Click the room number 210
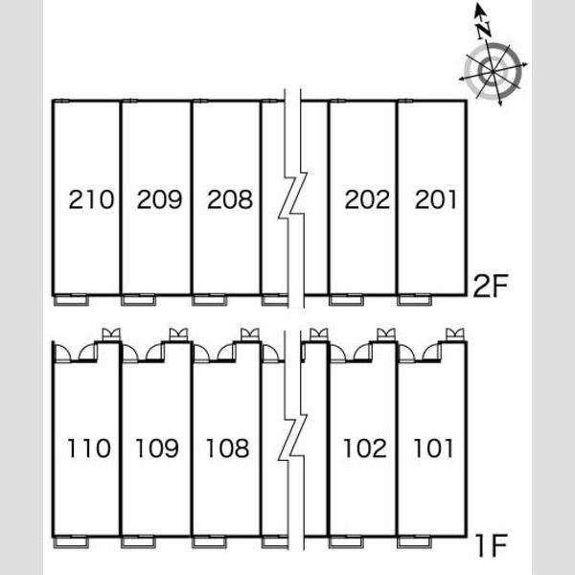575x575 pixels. coord(91,199)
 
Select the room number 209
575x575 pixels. coord(159,199)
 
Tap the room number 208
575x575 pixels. coord(230,199)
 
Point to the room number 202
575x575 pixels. coord(367,199)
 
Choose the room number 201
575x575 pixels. coord(436,199)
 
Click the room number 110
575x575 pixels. coord(89,448)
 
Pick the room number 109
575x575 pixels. coord(157,448)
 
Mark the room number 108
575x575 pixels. coord(228,448)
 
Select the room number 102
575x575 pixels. coord(365,448)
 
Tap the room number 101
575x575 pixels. coord(433,448)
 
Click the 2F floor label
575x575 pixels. coord(491,286)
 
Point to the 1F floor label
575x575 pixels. coord(492,545)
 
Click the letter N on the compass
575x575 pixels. coord(484,30)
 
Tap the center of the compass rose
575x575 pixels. coord(493,70)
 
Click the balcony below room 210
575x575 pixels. coord(72,300)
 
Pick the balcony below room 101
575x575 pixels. coord(414,542)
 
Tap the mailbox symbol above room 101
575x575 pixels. coord(454,334)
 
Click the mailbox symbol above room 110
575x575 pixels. coord(111,334)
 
